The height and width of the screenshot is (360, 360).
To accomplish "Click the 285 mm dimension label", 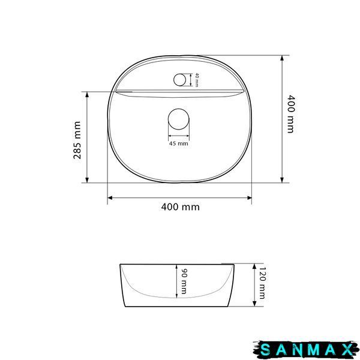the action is (77, 140).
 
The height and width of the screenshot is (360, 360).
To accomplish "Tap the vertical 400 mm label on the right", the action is (290, 114).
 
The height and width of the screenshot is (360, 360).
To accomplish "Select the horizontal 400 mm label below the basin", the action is (180, 207).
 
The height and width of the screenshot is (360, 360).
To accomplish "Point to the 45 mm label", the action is (179, 144).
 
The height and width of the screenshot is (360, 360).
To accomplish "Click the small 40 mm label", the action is (197, 80).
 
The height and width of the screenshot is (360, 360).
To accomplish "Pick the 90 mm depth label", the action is (184, 281).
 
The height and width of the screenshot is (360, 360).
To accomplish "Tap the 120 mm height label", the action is (262, 283).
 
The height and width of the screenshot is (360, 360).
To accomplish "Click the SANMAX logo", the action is (305, 350).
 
